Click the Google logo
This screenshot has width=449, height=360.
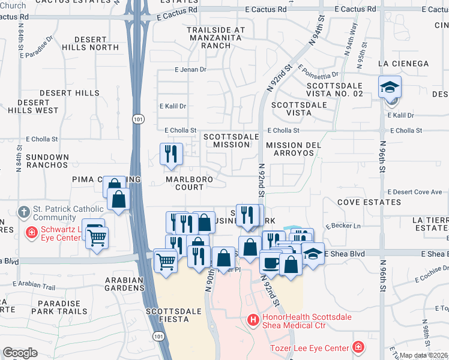(20, 353)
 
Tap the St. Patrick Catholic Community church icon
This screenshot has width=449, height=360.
(23, 212)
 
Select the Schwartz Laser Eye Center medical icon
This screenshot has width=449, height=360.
(30, 232)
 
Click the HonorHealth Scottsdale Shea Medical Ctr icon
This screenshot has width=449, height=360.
(252, 319)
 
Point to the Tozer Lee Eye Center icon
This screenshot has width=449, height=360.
(358, 347)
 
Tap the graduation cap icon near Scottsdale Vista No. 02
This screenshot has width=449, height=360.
(390, 88)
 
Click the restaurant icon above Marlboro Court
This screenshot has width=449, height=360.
(171, 154)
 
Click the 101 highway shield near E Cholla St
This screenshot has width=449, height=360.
(137, 119)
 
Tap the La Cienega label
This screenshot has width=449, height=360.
(403, 64)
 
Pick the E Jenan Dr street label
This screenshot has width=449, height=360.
(190, 70)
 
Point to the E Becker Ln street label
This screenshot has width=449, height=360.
(343, 226)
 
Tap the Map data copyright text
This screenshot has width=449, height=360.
(424, 355)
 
